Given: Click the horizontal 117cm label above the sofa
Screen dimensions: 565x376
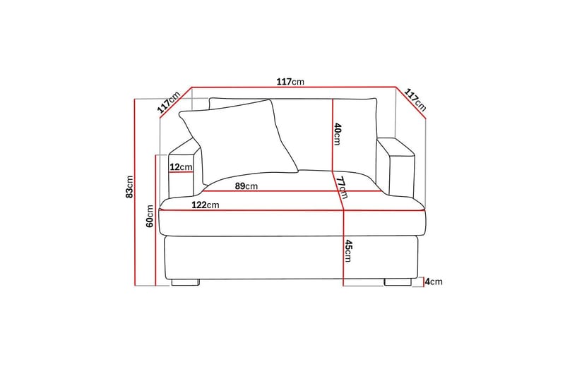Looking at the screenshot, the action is click(x=290, y=82).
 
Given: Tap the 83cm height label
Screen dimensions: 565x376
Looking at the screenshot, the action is click(x=129, y=187).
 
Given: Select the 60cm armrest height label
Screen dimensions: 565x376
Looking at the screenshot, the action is click(x=150, y=216).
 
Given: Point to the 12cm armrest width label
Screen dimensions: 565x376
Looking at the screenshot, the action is click(x=181, y=167).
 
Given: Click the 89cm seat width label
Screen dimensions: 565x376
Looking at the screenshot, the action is click(x=246, y=186).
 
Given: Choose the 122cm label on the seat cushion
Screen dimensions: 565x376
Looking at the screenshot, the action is click(x=206, y=205).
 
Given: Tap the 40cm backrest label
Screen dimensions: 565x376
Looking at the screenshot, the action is click(x=338, y=134).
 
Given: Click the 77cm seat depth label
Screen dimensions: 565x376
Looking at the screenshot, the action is click(x=341, y=187).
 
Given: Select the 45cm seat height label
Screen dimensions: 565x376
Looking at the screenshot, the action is click(x=347, y=251).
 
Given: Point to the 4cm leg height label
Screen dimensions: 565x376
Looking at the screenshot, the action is click(x=434, y=281).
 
